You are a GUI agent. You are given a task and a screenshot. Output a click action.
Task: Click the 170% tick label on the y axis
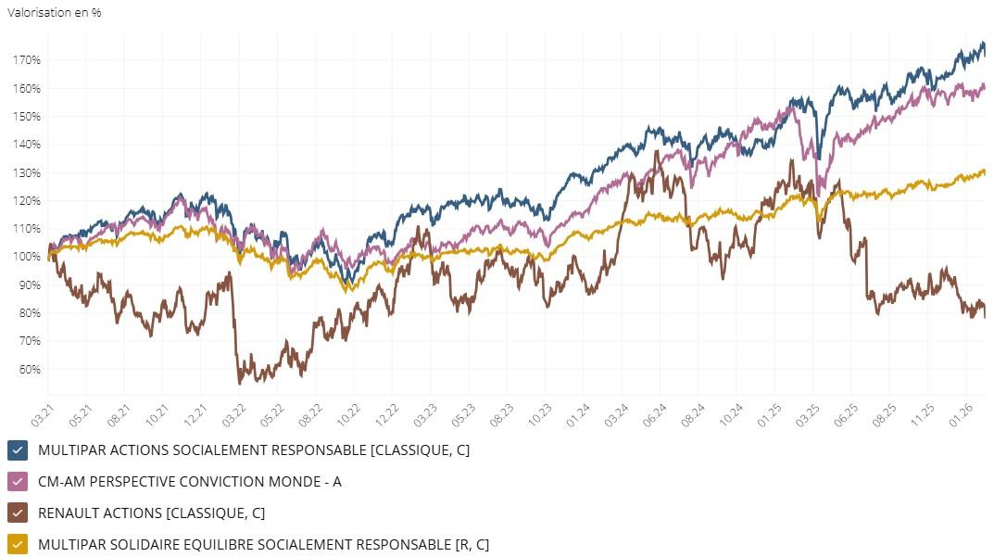[x=27, y=60]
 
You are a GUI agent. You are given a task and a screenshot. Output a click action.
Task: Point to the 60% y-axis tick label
[x=27, y=369]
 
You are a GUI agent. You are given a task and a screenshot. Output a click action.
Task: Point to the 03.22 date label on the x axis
[x=237, y=413]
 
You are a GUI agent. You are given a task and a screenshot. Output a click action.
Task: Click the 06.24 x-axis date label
[x=659, y=413]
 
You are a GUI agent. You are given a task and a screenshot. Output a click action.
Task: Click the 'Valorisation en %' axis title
[x=55, y=13]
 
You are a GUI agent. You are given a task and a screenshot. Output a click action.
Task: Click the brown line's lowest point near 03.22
[x=239, y=383]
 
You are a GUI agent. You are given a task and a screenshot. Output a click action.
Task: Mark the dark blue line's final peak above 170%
[x=983, y=43]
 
